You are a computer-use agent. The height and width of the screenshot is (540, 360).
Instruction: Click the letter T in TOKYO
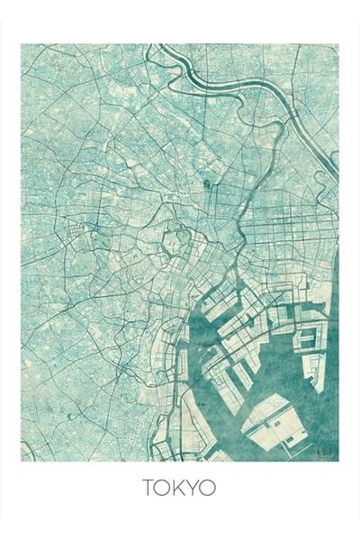148,489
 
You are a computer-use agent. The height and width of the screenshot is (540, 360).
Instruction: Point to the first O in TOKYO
165,489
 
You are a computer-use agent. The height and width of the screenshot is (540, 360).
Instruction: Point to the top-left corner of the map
22,45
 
